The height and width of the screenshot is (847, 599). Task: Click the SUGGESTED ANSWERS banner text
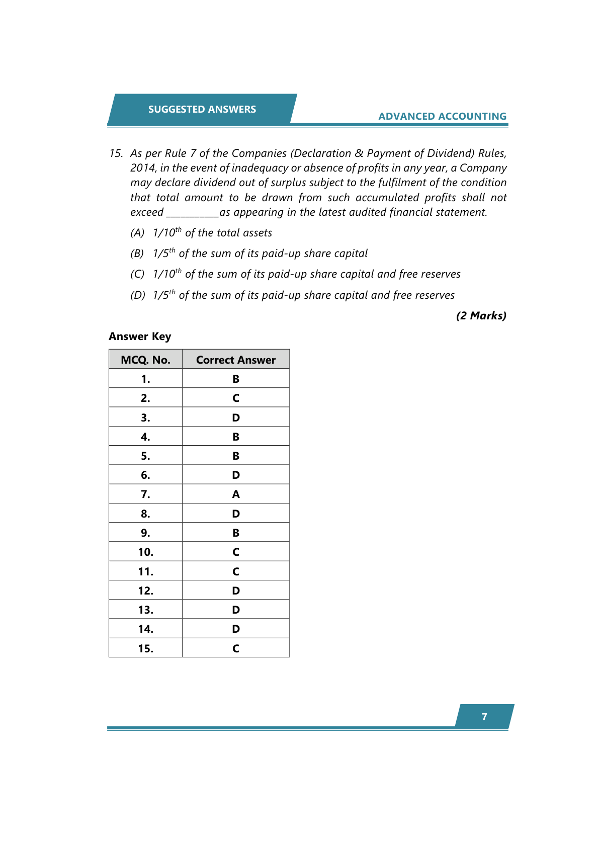[202, 109]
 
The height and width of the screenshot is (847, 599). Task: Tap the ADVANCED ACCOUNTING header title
[442, 116]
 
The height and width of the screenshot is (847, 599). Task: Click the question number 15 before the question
[116, 153]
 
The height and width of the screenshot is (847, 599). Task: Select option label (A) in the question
[137, 233]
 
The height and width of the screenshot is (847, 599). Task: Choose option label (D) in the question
[137, 295]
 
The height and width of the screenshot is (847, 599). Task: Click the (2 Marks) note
[481, 316]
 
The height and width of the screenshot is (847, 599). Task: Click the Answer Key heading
[140, 336]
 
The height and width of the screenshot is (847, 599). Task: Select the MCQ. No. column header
[145, 360]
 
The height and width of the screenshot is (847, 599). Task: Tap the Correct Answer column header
[235, 360]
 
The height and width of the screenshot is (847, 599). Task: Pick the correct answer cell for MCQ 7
[235, 494]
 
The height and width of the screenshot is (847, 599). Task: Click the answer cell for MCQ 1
[235, 379]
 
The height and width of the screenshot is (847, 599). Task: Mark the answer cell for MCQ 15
[235, 648]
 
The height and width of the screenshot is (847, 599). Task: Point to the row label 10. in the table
[145, 552]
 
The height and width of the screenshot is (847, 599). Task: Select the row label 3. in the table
[145, 418]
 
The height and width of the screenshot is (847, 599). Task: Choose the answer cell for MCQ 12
[235, 591]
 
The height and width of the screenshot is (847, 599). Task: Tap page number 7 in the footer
[484, 717]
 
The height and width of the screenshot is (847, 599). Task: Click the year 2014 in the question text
[143, 168]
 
